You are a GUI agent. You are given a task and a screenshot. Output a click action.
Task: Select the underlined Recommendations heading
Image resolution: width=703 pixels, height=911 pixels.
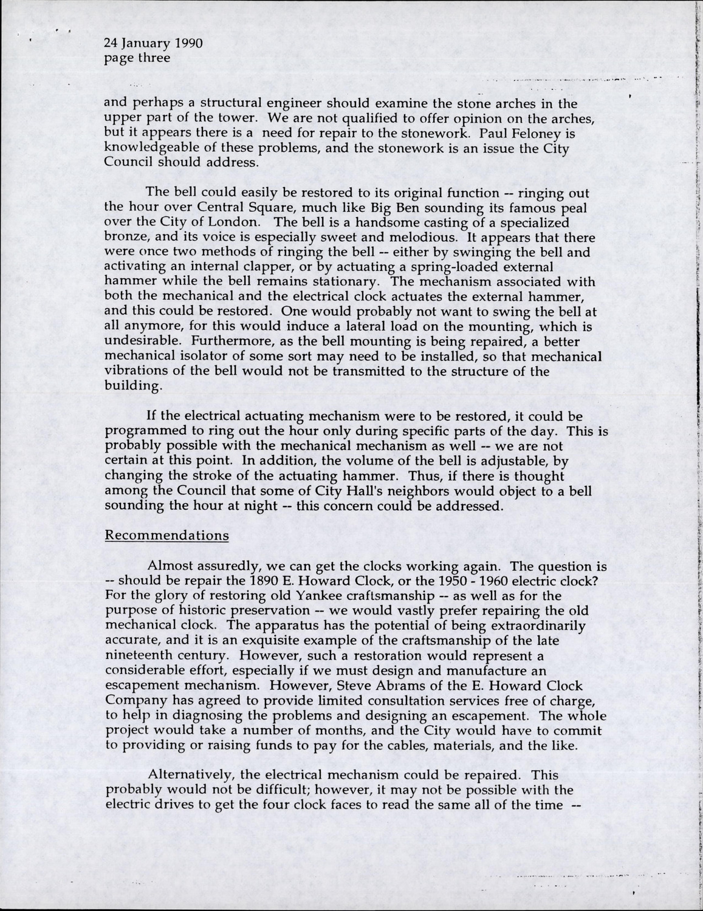tap(167, 536)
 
